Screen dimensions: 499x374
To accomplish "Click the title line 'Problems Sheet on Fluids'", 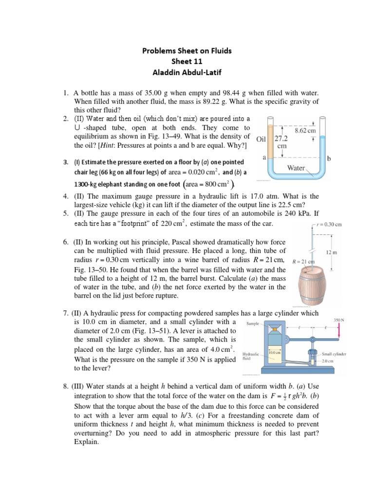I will pos(187,50).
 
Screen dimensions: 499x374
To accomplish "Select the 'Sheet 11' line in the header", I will pos(187,61).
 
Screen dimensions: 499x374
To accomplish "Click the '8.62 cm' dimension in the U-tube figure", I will pos(306,131).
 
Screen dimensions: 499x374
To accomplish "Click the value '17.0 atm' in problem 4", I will pos(248,196).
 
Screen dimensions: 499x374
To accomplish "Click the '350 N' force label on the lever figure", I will pos(339,320).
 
